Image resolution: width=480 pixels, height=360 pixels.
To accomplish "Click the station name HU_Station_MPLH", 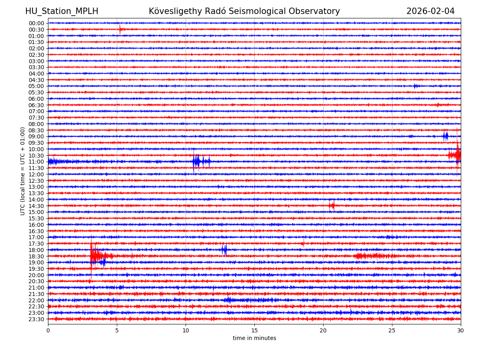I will (62, 12).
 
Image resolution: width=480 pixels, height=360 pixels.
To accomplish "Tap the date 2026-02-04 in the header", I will (430, 12).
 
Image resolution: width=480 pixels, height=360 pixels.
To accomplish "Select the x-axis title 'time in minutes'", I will (254, 338).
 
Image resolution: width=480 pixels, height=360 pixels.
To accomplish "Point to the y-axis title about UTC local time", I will (23, 171).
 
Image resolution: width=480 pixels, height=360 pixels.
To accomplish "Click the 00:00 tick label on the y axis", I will (36, 23).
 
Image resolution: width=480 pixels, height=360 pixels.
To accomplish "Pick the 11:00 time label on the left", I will (36, 162).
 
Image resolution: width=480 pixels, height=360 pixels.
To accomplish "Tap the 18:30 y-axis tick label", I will (36, 256).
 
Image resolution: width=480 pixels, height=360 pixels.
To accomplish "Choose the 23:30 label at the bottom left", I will (36, 319).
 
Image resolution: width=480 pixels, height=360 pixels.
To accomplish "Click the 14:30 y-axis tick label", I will (36, 206).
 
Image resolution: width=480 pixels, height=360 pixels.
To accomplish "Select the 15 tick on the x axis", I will (254, 330).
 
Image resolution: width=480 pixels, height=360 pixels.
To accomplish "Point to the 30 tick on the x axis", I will (461, 330).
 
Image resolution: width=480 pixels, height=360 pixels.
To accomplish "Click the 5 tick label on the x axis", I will (117, 330).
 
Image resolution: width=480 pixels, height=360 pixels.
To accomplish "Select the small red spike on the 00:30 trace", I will (120, 29).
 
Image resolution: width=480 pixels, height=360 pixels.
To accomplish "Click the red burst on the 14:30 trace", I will (332, 206).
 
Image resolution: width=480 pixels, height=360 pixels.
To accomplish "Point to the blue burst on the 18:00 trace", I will (224, 250).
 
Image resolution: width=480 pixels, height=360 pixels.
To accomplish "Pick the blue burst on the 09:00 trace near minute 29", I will (445, 136).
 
